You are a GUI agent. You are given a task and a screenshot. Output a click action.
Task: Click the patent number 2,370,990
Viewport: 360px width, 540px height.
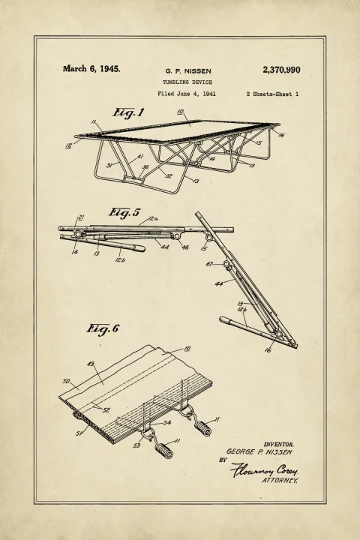pyautogui.click(x=281, y=70)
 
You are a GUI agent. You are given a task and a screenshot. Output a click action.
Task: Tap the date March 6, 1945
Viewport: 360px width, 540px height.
pyautogui.click(x=91, y=68)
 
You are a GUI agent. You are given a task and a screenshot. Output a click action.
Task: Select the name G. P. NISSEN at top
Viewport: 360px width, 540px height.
pyautogui.click(x=188, y=71)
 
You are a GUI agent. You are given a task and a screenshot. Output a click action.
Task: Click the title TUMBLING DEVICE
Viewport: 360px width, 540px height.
pyautogui.click(x=187, y=82)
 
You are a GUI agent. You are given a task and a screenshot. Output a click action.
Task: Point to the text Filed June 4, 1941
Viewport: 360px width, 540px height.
pyautogui.click(x=187, y=94)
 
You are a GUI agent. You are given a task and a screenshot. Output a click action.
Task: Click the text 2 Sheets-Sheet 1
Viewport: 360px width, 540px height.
pyautogui.click(x=272, y=94)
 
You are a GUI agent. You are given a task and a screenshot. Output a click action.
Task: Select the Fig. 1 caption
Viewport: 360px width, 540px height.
pyautogui.click(x=128, y=113)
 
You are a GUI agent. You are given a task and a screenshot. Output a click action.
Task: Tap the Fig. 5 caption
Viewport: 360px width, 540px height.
pyautogui.click(x=124, y=212)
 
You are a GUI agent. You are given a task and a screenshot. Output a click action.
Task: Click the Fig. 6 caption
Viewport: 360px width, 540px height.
pyautogui.click(x=102, y=329)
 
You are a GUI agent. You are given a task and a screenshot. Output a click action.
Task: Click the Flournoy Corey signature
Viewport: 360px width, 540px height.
pyautogui.click(x=264, y=469)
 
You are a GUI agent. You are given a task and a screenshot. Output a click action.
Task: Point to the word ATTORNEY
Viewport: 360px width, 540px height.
pyautogui.click(x=280, y=481)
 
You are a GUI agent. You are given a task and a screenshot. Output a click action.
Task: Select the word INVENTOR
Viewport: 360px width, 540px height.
pyautogui.click(x=279, y=445)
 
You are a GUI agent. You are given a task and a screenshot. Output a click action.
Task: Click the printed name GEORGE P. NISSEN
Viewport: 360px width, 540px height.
pyautogui.click(x=259, y=451)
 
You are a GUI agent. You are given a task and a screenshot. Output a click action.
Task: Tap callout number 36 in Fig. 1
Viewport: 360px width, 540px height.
pyautogui.click(x=145, y=167)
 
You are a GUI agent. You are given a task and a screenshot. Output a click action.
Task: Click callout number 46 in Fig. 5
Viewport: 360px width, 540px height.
pyautogui.click(x=185, y=247)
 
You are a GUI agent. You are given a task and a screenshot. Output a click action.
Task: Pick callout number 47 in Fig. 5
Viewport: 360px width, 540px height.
pyautogui.click(x=209, y=264)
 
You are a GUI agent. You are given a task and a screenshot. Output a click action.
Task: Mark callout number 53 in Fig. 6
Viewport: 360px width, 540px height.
pyautogui.click(x=136, y=445)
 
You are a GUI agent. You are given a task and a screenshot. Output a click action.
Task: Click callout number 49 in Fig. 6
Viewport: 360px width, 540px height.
pyautogui.click(x=90, y=364)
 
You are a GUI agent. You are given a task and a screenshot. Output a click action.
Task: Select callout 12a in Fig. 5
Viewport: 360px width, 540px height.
pyautogui.click(x=153, y=218)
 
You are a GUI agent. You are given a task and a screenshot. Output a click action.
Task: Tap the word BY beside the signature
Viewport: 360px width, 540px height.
pyautogui.click(x=223, y=460)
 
